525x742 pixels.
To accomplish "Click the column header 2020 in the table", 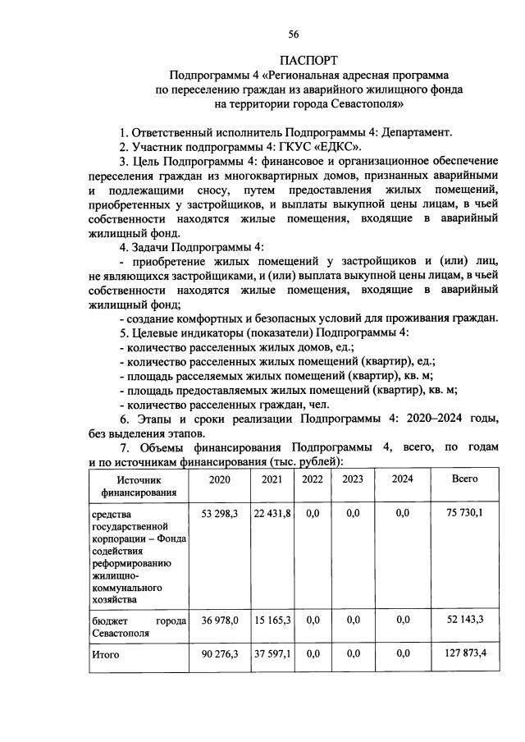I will [x=219, y=479].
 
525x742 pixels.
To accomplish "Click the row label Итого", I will [x=106, y=654].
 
